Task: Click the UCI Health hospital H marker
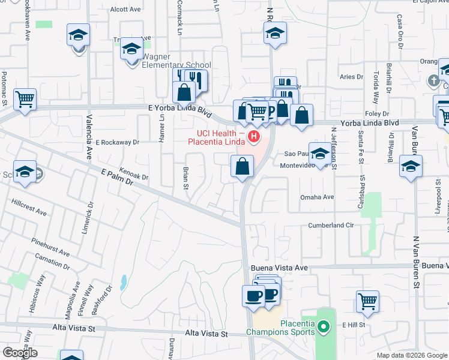[x=255, y=137]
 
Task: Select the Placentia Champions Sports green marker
[x=324, y=328]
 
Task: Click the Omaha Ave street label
[x=317, y=197]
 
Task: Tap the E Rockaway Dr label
[x=118, y=143]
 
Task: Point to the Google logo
[x=20, y=353]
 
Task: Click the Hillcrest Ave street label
[x=29, y=206]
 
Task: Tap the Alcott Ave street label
[x=125, y=10]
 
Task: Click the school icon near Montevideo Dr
[x=321, y=154]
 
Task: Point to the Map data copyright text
[x=412, y=355]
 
